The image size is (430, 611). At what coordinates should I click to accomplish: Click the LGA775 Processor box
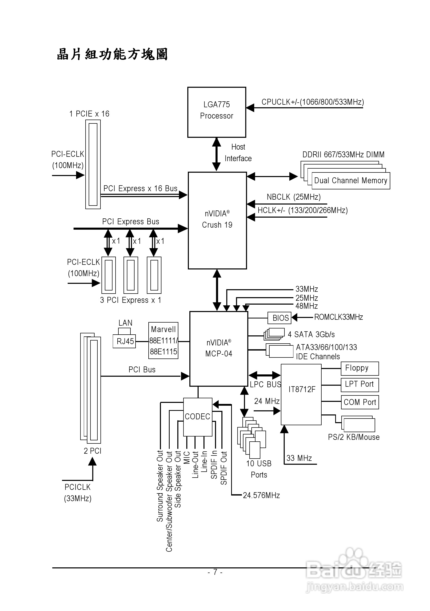[217, 112]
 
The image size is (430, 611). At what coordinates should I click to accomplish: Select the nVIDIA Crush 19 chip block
[217, 220]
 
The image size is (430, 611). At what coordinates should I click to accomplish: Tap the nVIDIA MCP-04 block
[218, 348]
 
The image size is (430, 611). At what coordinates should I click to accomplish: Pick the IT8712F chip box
[301, 394]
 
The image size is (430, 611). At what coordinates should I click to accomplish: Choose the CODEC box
[198, 417]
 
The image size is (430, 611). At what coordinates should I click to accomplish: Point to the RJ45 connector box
[125, 341]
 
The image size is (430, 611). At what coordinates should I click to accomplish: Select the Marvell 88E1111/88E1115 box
[163, 341]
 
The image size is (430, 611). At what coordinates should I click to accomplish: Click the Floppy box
[359, 368]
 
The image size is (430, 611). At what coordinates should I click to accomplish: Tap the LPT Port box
[359, 384]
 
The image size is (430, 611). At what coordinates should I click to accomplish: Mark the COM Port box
[360, 402]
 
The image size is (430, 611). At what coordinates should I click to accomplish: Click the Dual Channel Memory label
[351, 181]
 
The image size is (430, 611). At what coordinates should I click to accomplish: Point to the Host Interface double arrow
[217, 154]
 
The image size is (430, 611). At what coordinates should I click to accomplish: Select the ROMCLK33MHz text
[338, 317]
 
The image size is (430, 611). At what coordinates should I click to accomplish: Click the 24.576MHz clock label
[261, 495]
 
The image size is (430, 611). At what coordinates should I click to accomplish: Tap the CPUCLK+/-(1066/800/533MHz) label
[313, 102]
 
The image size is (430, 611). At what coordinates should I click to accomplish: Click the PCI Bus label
[142, 370]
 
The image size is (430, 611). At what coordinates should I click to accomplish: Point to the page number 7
[215, 572]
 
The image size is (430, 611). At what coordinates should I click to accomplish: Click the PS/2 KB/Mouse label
[353, 437]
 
